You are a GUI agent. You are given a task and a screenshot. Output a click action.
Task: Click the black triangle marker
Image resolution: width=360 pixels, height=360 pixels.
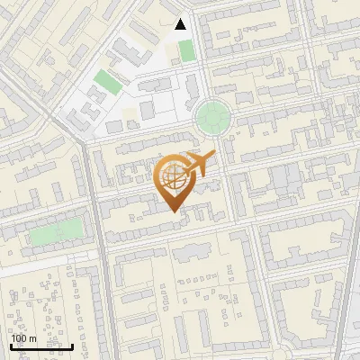pos(181,24)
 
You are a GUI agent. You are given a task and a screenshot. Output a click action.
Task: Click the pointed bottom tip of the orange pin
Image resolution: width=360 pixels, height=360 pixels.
pos(174,211)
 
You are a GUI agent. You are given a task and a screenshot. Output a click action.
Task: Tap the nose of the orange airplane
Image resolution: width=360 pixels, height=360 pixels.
pos(214,155)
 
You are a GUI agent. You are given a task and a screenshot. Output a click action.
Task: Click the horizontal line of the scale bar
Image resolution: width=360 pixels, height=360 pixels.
pos(41,346)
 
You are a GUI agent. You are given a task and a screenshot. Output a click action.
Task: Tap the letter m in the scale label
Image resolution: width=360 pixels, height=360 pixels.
pos(33,338)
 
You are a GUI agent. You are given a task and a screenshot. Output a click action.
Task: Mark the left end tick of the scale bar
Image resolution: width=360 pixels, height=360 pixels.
pos(12,345)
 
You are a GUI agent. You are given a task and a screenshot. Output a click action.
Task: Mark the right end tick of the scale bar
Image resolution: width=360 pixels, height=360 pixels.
pos(72,345)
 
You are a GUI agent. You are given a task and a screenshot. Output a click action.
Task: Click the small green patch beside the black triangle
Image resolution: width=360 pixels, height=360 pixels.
pos(186,50)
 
